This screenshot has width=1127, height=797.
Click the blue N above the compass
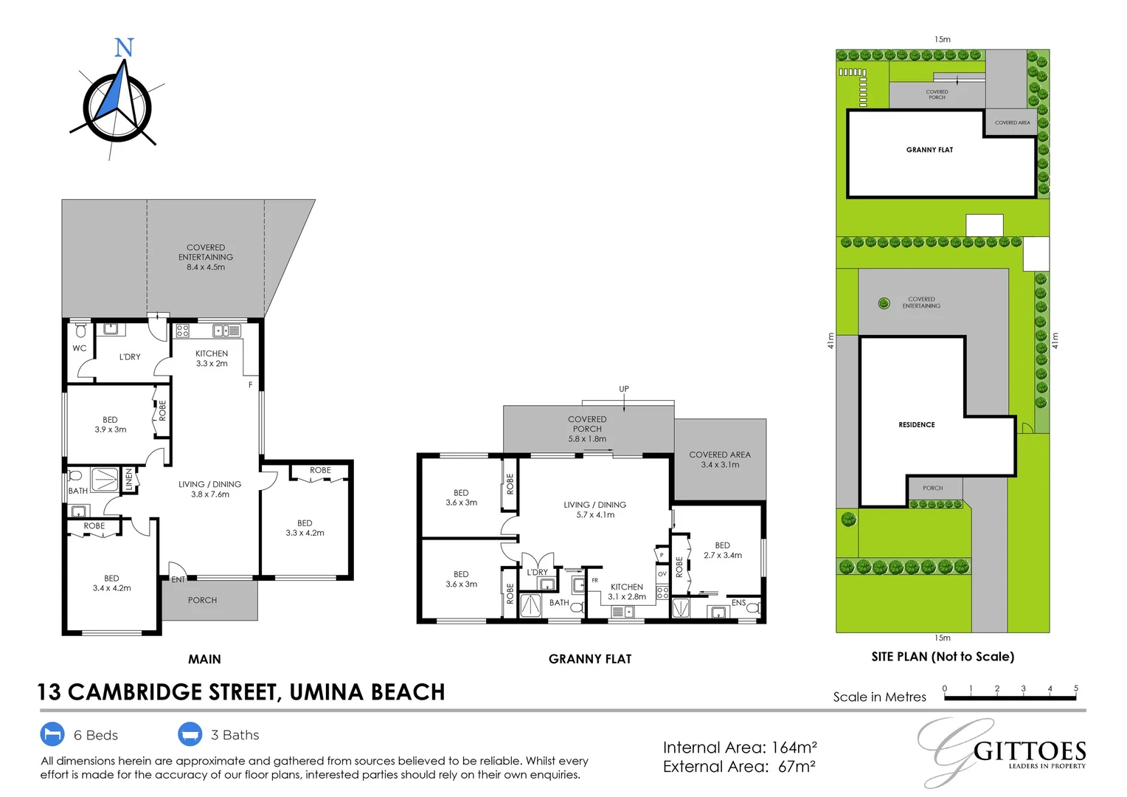point(124,48)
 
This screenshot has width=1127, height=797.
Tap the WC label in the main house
point(79,348)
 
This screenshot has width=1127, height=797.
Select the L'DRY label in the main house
point(130,357)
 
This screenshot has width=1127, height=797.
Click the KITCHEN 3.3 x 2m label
point(212,359)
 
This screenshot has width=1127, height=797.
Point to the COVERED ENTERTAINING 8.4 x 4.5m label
point(206,258)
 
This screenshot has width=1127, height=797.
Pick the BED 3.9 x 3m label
point(111,424)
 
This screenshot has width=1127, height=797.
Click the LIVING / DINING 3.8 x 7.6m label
point(210,489)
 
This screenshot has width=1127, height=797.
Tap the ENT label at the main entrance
point(178,580)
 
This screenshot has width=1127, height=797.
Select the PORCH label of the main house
point(202,601)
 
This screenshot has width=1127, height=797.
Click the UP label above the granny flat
point(624,389)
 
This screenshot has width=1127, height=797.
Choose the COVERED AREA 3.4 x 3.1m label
point(720,460)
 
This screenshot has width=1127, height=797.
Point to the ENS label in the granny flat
point(738,603)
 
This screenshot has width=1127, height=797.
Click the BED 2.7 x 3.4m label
point(723,551)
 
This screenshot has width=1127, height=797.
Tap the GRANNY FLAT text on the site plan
point(929,150)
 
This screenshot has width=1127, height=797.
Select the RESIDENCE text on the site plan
point(917,425)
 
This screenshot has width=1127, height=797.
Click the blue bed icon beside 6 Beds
point(52,734)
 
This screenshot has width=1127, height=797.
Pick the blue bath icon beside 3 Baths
point(190,734)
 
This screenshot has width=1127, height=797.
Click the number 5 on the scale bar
point(1076,689)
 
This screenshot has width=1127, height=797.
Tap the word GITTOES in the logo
point(1030,752)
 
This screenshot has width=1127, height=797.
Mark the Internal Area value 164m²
point(794,748)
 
